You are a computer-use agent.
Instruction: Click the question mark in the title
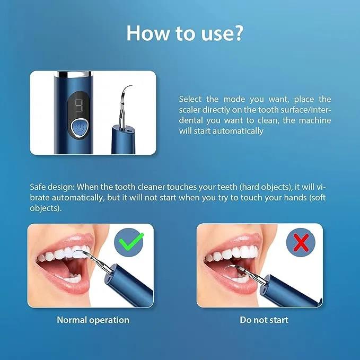[237, 33]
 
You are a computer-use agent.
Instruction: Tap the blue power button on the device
[79, 128]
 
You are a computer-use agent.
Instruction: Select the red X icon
[301, 243]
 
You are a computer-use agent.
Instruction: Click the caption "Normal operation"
[93, 320]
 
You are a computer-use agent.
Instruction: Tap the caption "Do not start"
[264, 320]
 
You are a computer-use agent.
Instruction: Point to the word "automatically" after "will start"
[238, 131]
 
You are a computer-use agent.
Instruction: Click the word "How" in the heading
[144, 33]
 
